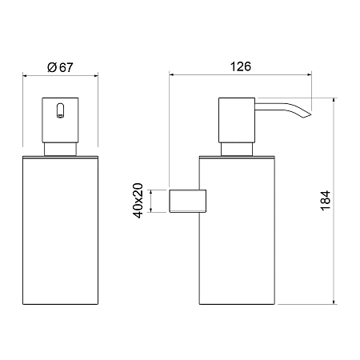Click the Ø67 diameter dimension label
(x=60, y=67)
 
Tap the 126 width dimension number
(x=241, y=66)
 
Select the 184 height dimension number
(x=326, y=201)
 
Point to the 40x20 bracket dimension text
(x=138, y=201)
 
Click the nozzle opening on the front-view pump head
(x=61, y=110)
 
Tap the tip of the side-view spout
(x=311, y=114)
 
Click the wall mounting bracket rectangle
(x=188, y=201)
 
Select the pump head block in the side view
(x=237, y=120)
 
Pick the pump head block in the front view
(x=60, y=120)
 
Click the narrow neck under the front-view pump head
(x=60, y=150)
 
